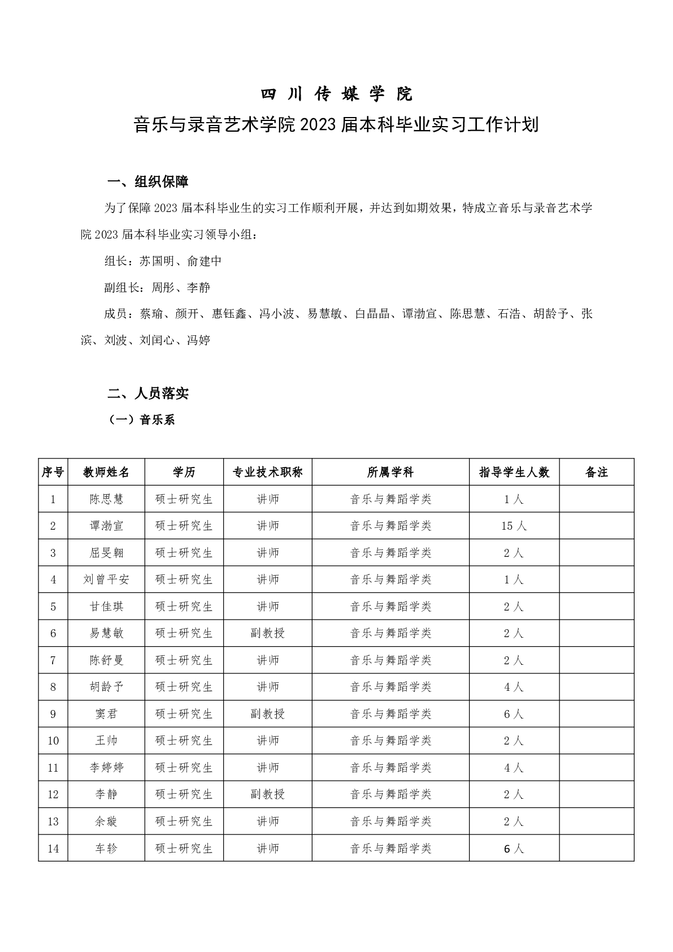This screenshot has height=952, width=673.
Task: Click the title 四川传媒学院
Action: (336, 94)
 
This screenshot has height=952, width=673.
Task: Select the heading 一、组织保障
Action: (147, 182)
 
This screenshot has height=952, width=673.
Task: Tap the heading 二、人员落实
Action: (147, 393)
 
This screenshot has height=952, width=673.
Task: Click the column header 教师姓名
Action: (106, 472)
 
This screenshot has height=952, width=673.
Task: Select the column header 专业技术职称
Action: (267, 472)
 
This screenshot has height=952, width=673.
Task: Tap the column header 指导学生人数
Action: (514, 472)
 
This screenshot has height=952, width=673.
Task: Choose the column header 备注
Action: (596, 472)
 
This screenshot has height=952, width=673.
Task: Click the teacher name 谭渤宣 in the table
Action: (106, 526)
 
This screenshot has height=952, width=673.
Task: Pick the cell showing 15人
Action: (514, 526)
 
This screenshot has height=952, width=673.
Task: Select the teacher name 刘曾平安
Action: (106, 579)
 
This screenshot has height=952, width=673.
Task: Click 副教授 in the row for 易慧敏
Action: (267, 633)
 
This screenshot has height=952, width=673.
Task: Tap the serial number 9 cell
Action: (53, 714)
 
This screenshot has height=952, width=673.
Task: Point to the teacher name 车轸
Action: (106, 848)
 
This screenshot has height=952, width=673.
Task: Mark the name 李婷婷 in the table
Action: (106, 768)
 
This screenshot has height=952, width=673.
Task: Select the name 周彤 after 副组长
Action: (163, 288)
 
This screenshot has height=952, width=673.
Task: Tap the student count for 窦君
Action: (514, 714)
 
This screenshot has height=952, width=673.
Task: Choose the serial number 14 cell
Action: (53, 848)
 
